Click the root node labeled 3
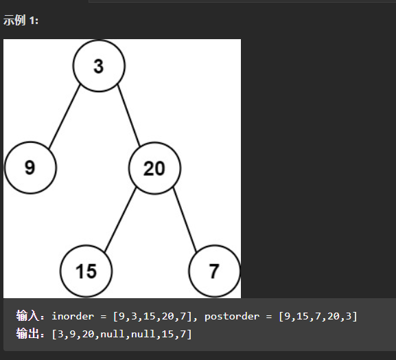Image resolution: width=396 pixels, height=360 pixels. (99, 65)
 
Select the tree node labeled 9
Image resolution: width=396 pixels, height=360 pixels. (30, 168)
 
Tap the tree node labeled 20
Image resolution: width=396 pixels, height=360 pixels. (154, 168)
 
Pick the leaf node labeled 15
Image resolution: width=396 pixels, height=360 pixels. (86, 271)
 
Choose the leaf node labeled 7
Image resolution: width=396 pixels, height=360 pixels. (214, 271)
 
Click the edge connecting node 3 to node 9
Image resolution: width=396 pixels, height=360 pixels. (64, 117)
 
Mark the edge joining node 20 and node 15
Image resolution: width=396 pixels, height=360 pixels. (120, 220)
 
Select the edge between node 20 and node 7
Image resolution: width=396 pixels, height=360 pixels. (185, 220)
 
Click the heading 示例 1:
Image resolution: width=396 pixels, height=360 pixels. (21, 20)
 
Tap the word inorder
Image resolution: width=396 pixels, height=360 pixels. (73, 316)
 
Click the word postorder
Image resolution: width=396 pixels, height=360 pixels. (232, 317)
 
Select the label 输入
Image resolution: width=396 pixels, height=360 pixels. (27, 316)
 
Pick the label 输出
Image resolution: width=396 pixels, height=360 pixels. (27, 334)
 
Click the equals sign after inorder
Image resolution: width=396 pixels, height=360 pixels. (104, 317)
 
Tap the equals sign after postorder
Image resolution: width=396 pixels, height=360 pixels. (269, 317)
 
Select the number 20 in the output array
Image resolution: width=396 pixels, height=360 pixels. (88, 334)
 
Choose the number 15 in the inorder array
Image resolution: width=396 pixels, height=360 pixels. (149, 316)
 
